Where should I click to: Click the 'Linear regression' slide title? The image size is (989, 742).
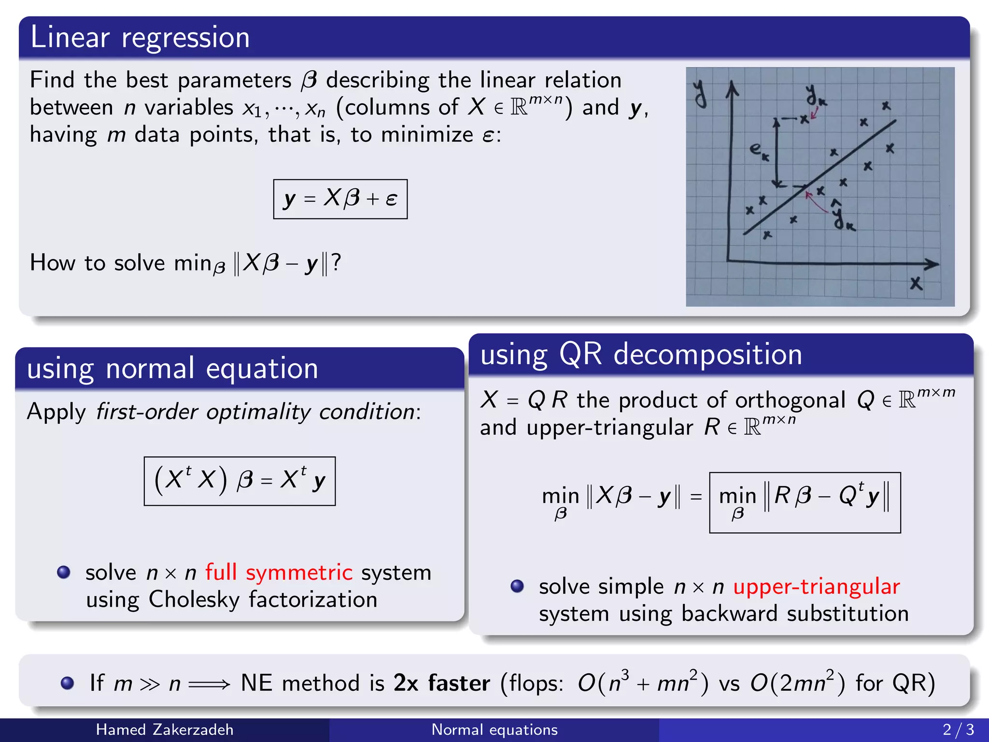click(x=140, y=38)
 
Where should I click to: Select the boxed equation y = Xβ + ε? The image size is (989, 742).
click(x=340, y=199)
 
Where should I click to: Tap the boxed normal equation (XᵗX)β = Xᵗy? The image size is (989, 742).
click(x=240, y=481)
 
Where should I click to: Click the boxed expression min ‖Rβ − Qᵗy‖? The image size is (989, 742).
click(x=805, y=502)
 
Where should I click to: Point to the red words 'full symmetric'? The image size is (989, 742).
click(x=279, y=572)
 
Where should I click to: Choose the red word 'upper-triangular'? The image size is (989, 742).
click(x=816, y=586)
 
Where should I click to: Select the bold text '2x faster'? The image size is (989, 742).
click(x=442, y=683)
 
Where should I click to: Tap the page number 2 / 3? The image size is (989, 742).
click(x=958, y=729)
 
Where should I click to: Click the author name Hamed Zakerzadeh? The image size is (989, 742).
click(x=165, y=729)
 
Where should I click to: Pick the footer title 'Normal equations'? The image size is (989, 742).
click(x=494, y=729)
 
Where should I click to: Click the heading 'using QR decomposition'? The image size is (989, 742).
click(x=641, y=354)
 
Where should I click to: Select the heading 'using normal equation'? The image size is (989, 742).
click(x=172, y=369)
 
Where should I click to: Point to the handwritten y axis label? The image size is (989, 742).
click(x=700, y=93)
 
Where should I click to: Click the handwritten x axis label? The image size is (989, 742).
click(x=916, y=283)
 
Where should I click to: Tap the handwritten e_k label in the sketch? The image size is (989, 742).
click(x=759, y=151)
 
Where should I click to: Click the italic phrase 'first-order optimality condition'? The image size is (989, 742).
click(x=256, y=412)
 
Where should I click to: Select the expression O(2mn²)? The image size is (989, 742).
click(x=798, y=683)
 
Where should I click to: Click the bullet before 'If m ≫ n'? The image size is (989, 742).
click(x=68, y=683)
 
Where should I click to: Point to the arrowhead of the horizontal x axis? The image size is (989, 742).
click(x=933, y=264)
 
